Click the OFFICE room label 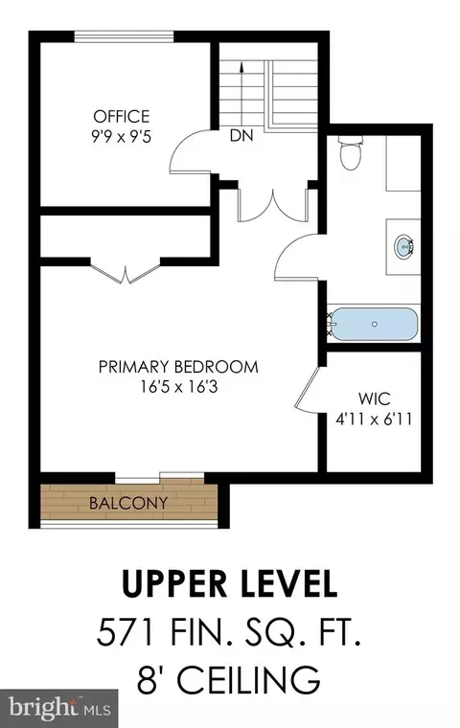click(x=122, y=116)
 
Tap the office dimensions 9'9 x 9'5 click(x=122, y=137)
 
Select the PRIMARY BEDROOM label click(x=178, y=367)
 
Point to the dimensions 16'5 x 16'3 click(x=179, y=387)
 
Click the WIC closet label click(x=374, y=398)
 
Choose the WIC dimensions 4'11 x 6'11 click(x=374, y=420)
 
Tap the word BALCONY click(x=128, y=503)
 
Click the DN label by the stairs click(x=241, y=136)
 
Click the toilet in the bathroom click(x=351, y=152)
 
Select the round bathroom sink click(x=403, y=245)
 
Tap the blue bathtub click(x=373, y=324)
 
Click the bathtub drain click(x=375, y=324)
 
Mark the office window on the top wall click(x=124, y=36)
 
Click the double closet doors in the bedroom click(x=126, y=273)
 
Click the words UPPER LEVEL click(x=229, y=583)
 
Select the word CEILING click(x=249, y=680)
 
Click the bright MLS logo click(x=58, y=708)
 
